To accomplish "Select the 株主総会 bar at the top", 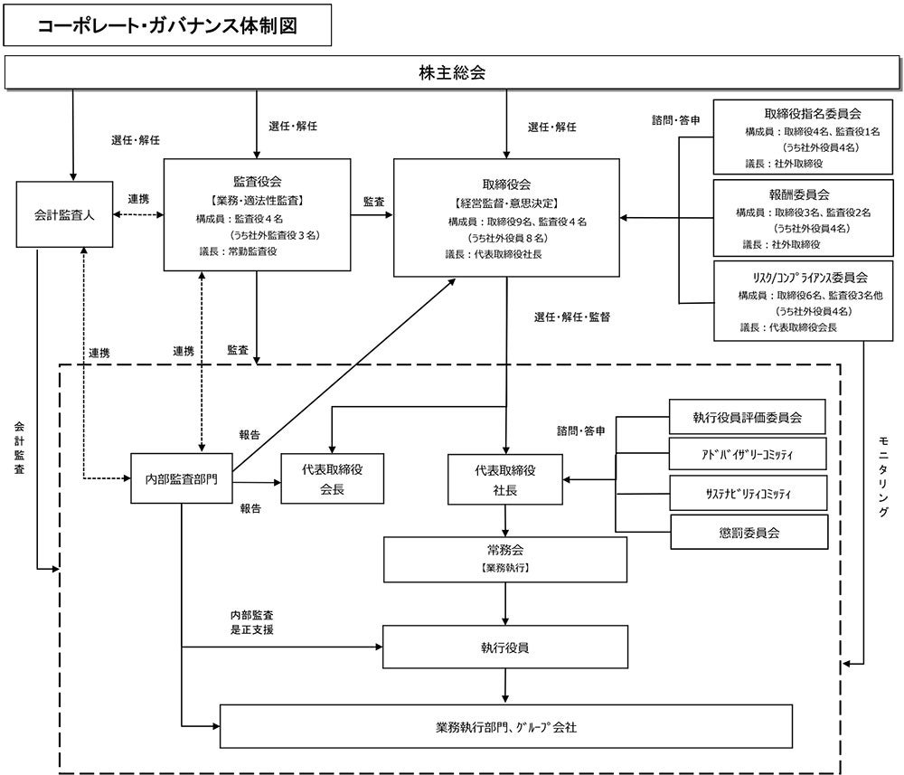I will tap(452, 73).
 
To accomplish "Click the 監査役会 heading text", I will tap(256, 180).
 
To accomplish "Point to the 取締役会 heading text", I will tap(506, 182).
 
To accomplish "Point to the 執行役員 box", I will tap(506, 647).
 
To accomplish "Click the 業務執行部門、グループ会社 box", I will tap(506, 726).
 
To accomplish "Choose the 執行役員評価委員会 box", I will tap(748, 418).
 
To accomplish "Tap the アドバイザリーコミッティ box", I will tap(748, 455).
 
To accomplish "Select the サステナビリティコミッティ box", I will tap(748, 493).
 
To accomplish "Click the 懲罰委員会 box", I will tap(748, 532).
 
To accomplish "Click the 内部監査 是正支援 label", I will tap(251, 622).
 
